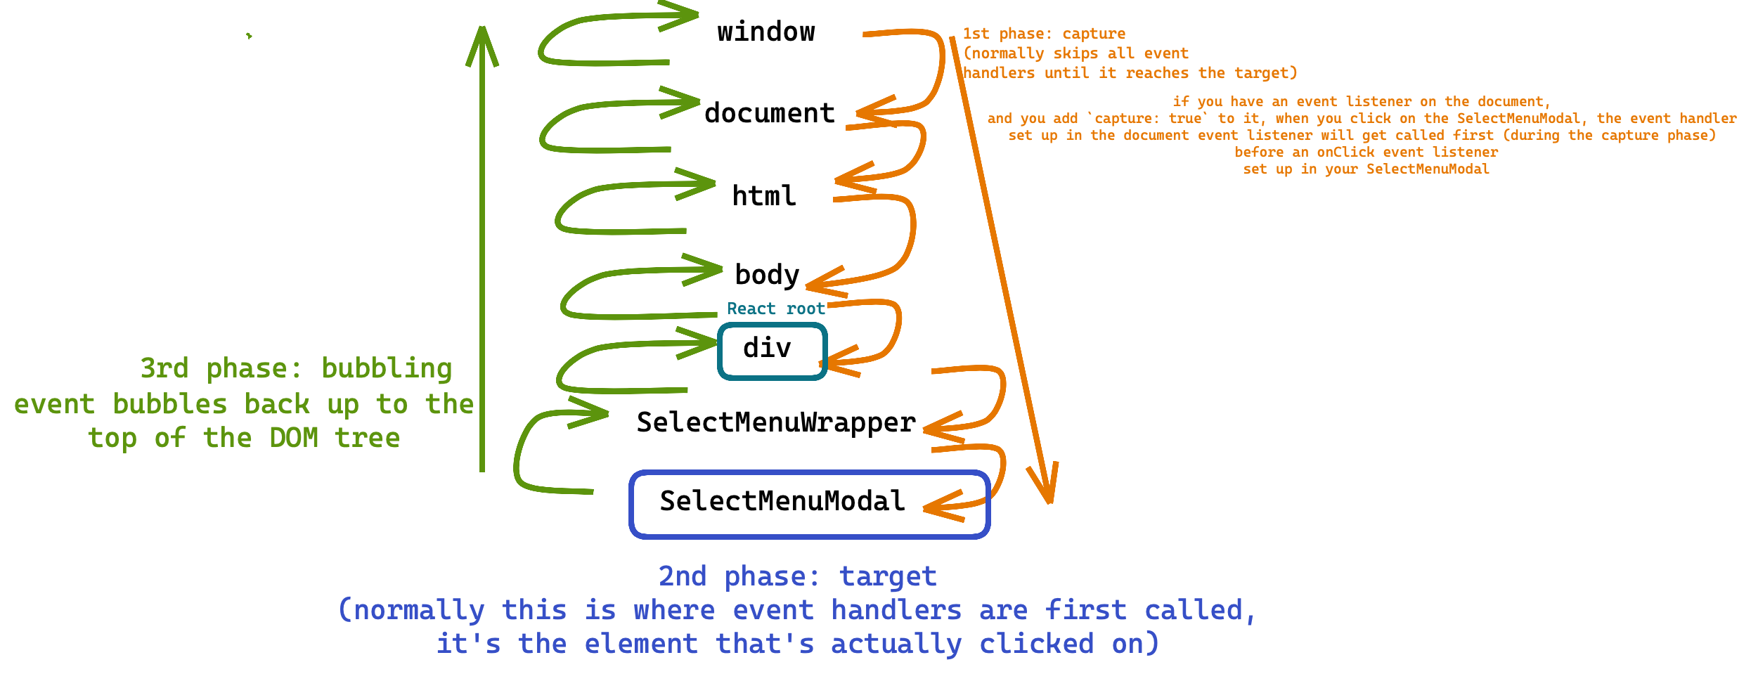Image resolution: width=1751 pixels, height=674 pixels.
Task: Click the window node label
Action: coord(765,32)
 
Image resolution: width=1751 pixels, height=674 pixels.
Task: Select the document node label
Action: coord(770,113)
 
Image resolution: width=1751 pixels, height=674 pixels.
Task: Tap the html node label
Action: coord(764,196)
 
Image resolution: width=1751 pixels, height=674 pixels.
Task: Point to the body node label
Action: coord(767,275)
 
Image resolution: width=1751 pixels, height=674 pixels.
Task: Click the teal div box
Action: coord(772,351)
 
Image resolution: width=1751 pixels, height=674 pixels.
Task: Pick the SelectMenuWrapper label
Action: coord(776,422)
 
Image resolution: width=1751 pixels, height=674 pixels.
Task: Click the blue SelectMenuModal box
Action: coord(809,504)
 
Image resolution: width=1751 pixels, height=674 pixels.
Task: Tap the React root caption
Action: coord(775,309)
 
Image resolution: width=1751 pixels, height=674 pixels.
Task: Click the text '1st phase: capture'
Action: coord(1044,34)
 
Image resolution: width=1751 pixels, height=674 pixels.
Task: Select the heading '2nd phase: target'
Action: coord(797,576)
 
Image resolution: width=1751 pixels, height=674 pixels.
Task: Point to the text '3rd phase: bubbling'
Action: coord(296,368)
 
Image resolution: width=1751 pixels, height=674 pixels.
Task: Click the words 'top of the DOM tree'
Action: coord(244,438)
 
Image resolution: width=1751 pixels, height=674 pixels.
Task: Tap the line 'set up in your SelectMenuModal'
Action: coord(1366,169)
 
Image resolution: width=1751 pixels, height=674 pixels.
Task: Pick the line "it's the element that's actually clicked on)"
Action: coord(797,644)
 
